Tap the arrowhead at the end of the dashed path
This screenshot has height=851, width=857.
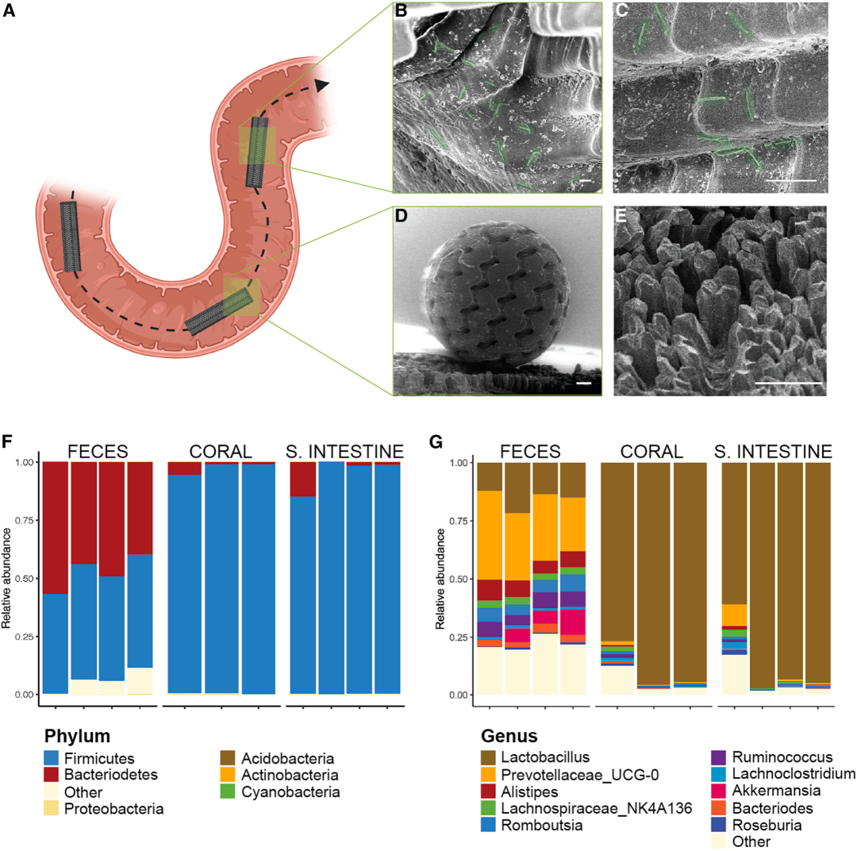(x=321, y=85)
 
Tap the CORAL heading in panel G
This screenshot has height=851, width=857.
(x=641, y=451)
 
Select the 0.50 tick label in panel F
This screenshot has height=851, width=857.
(x=23, y=579)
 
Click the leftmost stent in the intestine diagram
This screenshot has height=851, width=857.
(x=71, y=236)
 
